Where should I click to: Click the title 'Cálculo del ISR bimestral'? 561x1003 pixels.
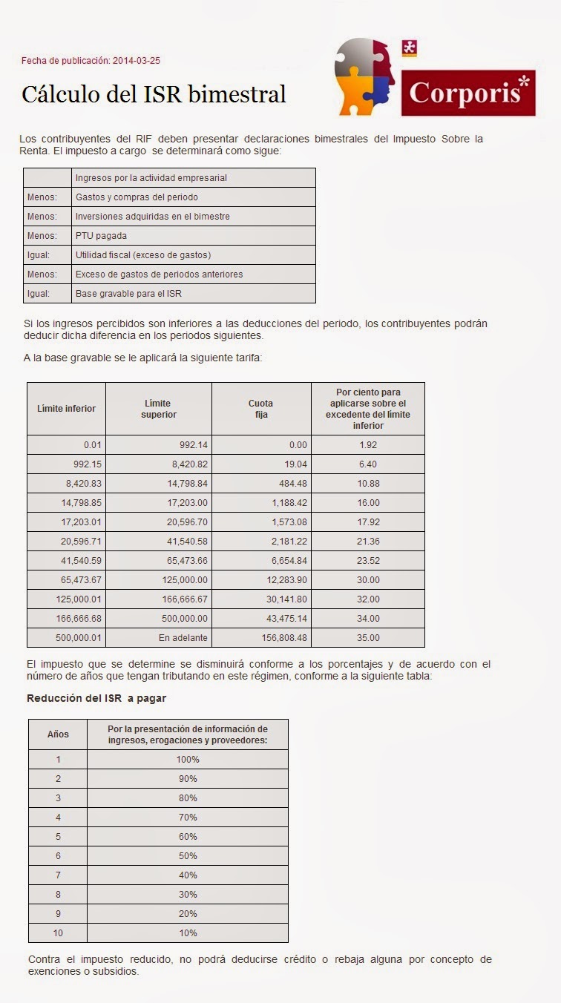[x=154, y=94]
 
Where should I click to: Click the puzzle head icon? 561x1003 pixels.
[x=364, y=76]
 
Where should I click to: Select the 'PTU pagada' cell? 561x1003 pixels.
[x=101, y=236]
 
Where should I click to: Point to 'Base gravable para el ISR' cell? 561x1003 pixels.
[x=128, y=293]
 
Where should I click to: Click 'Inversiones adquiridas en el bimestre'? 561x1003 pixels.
[x=152, y=217]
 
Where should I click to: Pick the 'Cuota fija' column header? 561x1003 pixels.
[x=260, y=409]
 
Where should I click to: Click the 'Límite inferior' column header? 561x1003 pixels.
[x=66, y=409]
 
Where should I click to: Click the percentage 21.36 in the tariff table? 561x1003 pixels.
[x=368, y=542]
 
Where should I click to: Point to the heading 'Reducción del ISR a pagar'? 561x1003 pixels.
[x=96, y=698]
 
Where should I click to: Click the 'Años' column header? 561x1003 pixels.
[x=58, y=734]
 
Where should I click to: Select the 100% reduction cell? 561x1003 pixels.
[x=187, y=760]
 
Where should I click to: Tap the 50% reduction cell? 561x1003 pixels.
[x=187, y=856]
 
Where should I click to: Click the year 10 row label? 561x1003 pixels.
[x=58, y=933]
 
